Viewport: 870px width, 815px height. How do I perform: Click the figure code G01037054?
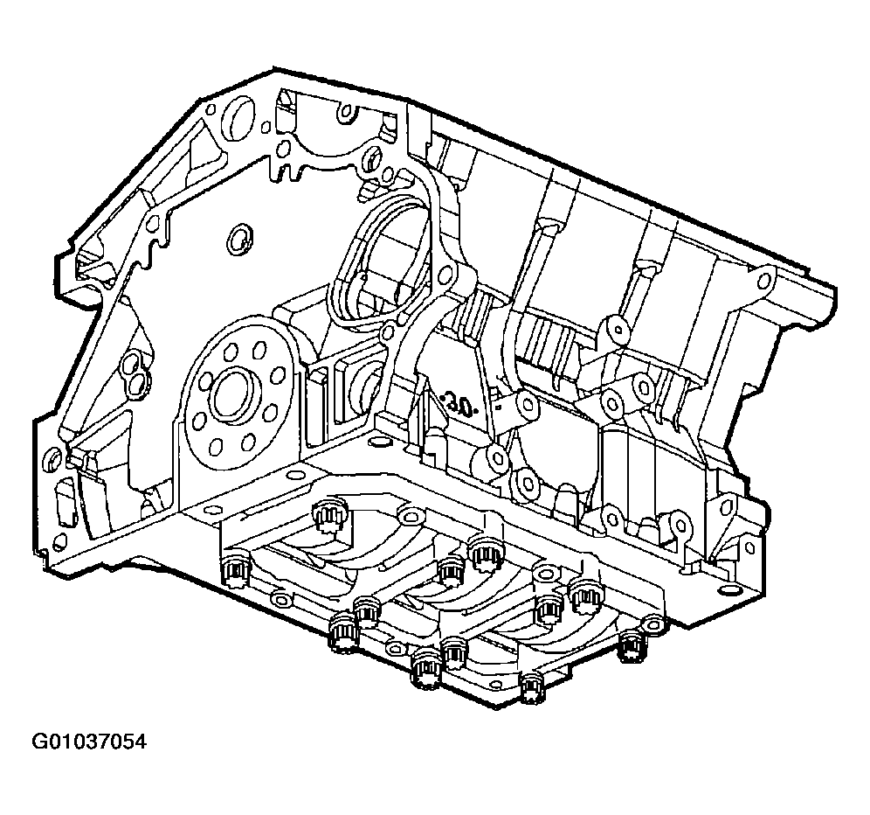coord(89,742)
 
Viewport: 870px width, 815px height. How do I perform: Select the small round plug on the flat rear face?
coord(239,239)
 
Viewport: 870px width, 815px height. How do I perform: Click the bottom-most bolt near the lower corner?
coord(532,688)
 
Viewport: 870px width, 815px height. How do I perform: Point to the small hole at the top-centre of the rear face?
coord(346,114)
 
